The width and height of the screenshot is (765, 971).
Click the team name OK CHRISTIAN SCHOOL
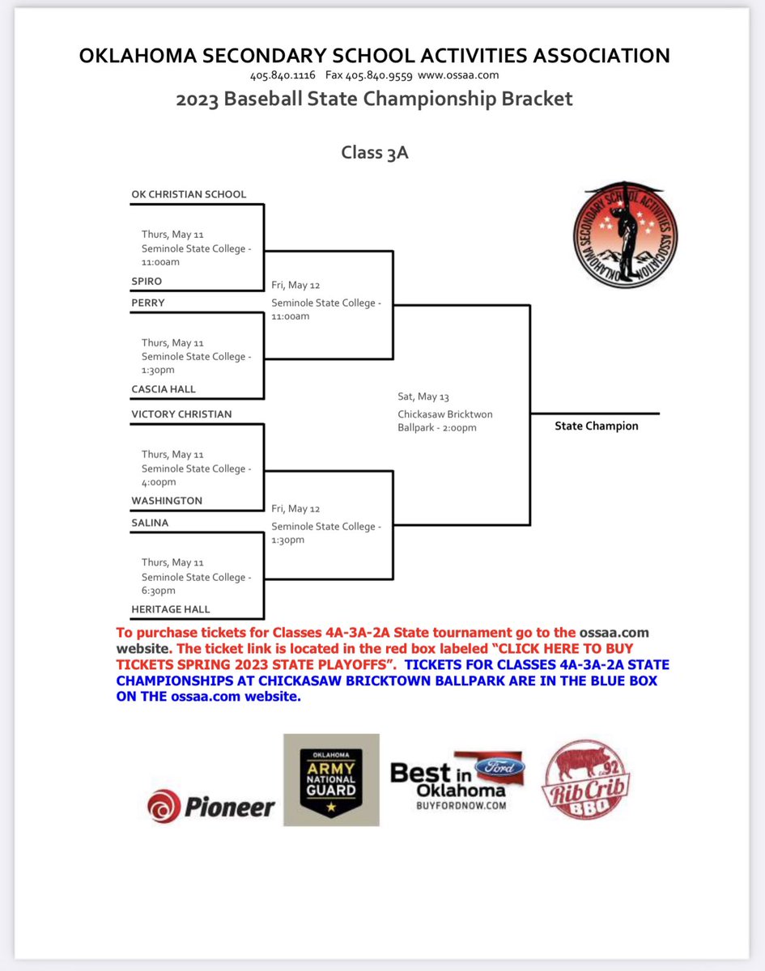(189, 194)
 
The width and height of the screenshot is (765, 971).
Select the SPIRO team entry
(147, 281)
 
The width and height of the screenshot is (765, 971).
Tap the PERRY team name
(148, 303)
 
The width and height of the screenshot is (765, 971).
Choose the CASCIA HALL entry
(164, 389)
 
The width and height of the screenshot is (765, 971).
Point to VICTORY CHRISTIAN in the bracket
(181, 414)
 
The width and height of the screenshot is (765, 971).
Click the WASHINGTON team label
(167, 501)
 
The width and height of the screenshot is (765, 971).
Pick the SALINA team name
(150, 523)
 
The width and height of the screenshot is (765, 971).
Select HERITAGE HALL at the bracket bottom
(170, 609)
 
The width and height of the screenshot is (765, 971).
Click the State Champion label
(597, 426)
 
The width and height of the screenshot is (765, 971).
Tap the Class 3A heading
(374, 152)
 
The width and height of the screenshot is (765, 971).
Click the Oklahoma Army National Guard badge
(331, 780)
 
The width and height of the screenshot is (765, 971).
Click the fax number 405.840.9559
(369, 75)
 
